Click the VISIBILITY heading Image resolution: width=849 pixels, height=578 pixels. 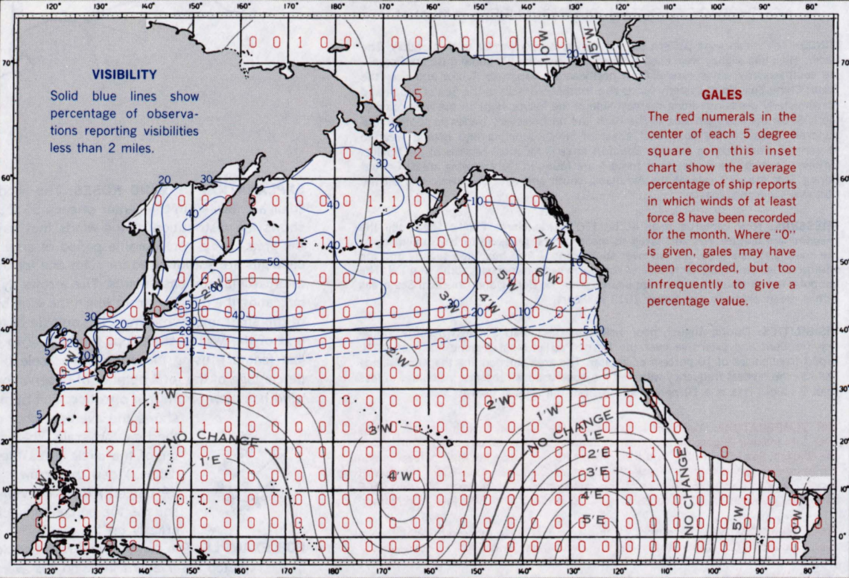coord(124,74)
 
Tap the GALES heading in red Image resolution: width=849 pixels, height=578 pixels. coord(722,95)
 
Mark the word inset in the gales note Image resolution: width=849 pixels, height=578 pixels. coord(778,150)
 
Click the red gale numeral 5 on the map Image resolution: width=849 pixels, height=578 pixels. coord(418,95)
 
